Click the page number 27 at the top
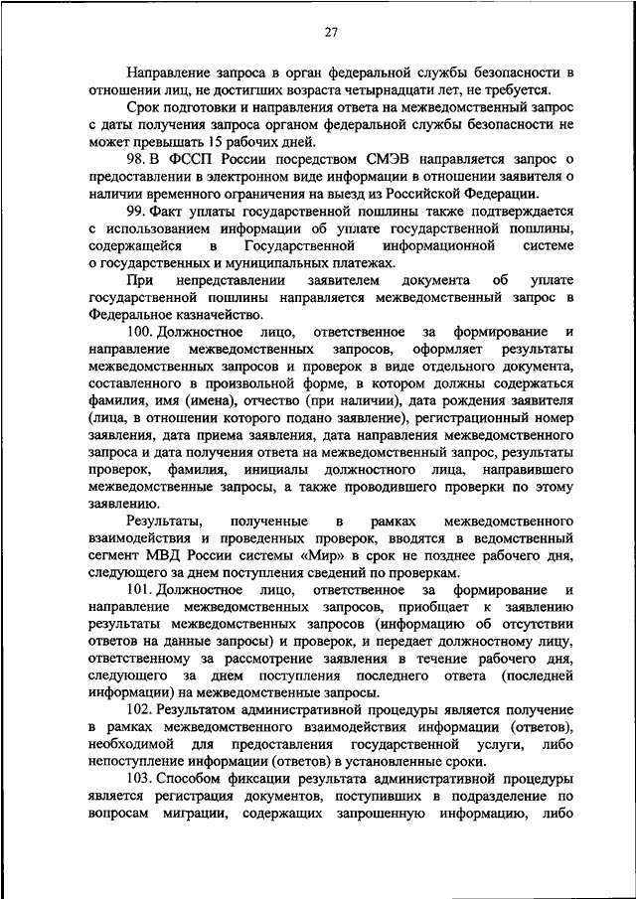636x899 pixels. [331, 33]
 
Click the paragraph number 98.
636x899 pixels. [139, 160]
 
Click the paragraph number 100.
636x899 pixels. [143, 332]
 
